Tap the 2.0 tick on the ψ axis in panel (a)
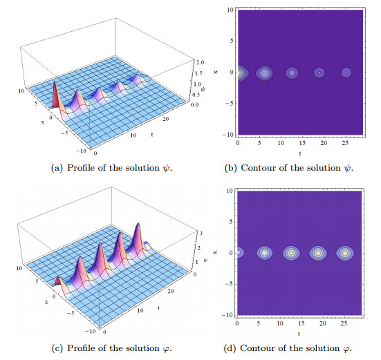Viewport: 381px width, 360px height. point(201,62)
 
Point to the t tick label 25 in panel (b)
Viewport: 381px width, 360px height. point(345,143)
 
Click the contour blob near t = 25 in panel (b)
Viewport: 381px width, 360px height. point(346,73)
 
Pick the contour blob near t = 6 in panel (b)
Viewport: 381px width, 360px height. point(264,73)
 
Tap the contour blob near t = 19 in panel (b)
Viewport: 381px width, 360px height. point(319,73)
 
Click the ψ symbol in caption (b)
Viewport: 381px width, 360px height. point(348,168)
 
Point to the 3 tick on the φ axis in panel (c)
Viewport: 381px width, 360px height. point(201,234)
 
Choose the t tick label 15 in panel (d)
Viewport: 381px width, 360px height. point(301,323)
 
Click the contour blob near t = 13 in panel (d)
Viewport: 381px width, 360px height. point(291,253)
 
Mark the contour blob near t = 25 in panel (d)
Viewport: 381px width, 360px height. point(345,253)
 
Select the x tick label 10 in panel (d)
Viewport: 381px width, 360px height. point(230,191)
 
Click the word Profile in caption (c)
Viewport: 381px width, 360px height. point(81,348)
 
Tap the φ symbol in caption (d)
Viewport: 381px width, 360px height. point(346,348)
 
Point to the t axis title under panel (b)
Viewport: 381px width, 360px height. point(300,153)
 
